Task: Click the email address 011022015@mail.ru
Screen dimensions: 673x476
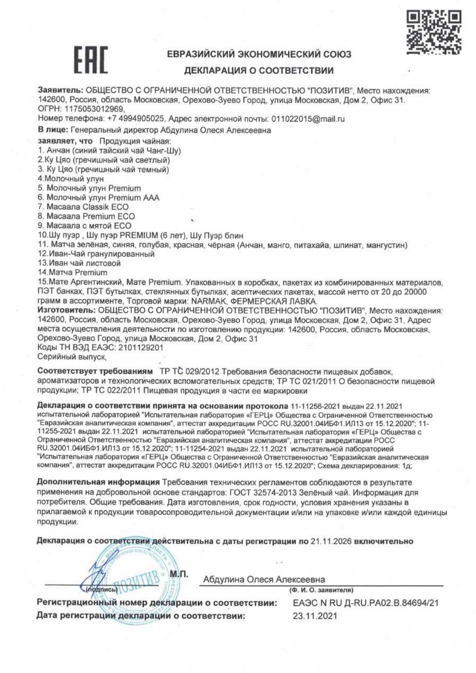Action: pyautogui.click(x=308, y=119)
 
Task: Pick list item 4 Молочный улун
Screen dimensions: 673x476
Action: pyautogui.click(x=71, y=179)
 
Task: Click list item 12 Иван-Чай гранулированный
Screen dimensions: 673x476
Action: pyautogui.click(x=96, y=254)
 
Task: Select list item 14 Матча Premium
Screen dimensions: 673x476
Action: pyautogui.click(x=73, y=273)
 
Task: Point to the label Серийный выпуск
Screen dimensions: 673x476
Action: pyautogui.click(x=72, y=357)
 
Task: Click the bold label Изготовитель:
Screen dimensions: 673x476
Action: pyautogui.click(x=67, y=310)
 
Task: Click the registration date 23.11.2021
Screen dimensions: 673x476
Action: pyautogui.click(x=315, y=616)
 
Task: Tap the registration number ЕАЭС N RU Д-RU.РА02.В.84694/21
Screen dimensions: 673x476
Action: pyautogui.click(x=365, y=603)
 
